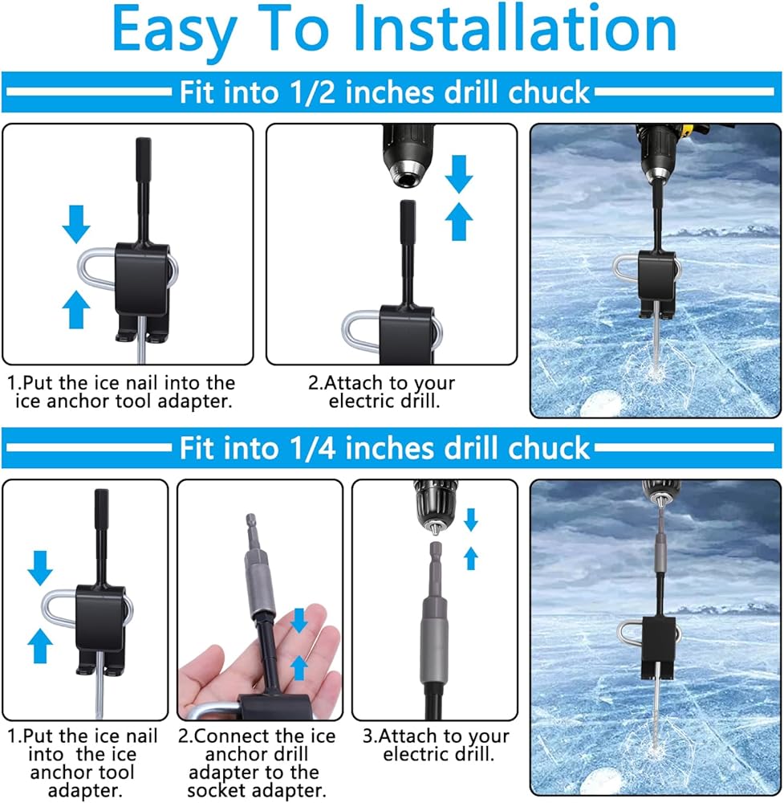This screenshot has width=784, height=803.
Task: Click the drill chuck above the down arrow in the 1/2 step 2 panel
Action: click(x=408, y=157)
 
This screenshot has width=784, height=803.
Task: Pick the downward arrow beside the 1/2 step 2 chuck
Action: click(x=458, y=173)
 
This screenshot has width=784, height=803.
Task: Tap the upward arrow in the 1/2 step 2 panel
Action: click(x=458, y=222)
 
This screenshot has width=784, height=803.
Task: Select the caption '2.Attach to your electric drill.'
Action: click(x=382, y=392)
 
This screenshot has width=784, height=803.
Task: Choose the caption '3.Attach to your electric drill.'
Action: click(x=437, y=745)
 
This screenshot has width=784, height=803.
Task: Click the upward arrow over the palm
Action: click(x=299, y=668)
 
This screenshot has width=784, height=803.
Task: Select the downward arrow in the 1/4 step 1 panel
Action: click(x=40, y=568)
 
